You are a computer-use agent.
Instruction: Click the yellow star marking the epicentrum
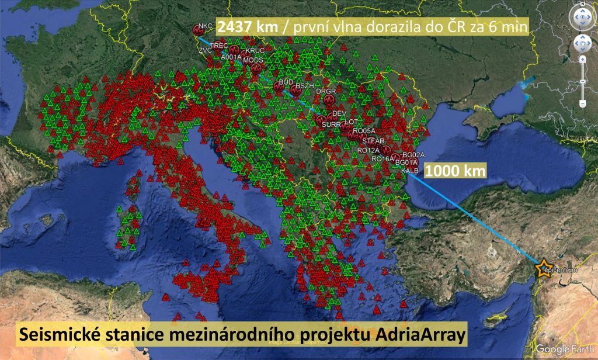pyautogui.click(x=543, y=266)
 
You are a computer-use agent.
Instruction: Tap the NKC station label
pyautogui.click(x=206, y=26)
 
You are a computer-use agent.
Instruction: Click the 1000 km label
pyautogui.click(x=455, y=171)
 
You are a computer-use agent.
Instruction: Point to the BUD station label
pyautogui.click(x=286, y=82)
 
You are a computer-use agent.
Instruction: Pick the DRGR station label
pyautogui.click(x=326, y=92)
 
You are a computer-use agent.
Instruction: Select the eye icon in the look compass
pyautogui.click(x=582, y=17)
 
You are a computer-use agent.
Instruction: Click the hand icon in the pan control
pyautogui.click(x=582, y=43)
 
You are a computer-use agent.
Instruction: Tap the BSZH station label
pyautogui.click(x=305, y=86)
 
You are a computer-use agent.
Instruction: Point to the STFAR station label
pyautogui.click(x=373, y=141)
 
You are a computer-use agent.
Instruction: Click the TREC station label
pyautogui.click(x=219, y=45)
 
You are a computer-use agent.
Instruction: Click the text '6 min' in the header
pyautogui.click(x=512, y=26)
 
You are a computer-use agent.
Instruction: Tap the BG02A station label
pyautogui.click(x=413, y=154)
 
